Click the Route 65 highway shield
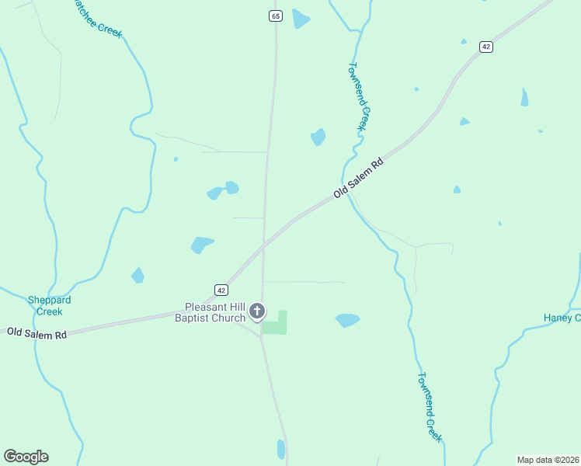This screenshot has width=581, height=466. pos(276,16)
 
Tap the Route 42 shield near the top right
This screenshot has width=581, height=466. pos(486,47)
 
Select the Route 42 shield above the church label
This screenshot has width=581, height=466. pos(221,290)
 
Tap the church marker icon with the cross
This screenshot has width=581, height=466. pos(257,312)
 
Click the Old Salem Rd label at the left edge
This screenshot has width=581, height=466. pos(37,333)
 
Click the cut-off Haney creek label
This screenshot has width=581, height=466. pos(561,318)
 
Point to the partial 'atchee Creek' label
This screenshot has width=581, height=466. pos(96,18)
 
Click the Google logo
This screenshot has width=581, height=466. pos(26,457)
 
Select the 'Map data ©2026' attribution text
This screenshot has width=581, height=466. pos(548,460)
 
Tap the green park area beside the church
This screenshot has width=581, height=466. pos(276,325)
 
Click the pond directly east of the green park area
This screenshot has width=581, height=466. pos(347,320)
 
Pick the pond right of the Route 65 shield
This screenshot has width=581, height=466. pos(301,19)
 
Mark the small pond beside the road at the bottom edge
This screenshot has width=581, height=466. pos(281,449)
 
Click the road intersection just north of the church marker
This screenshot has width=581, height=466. pos(263,245)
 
